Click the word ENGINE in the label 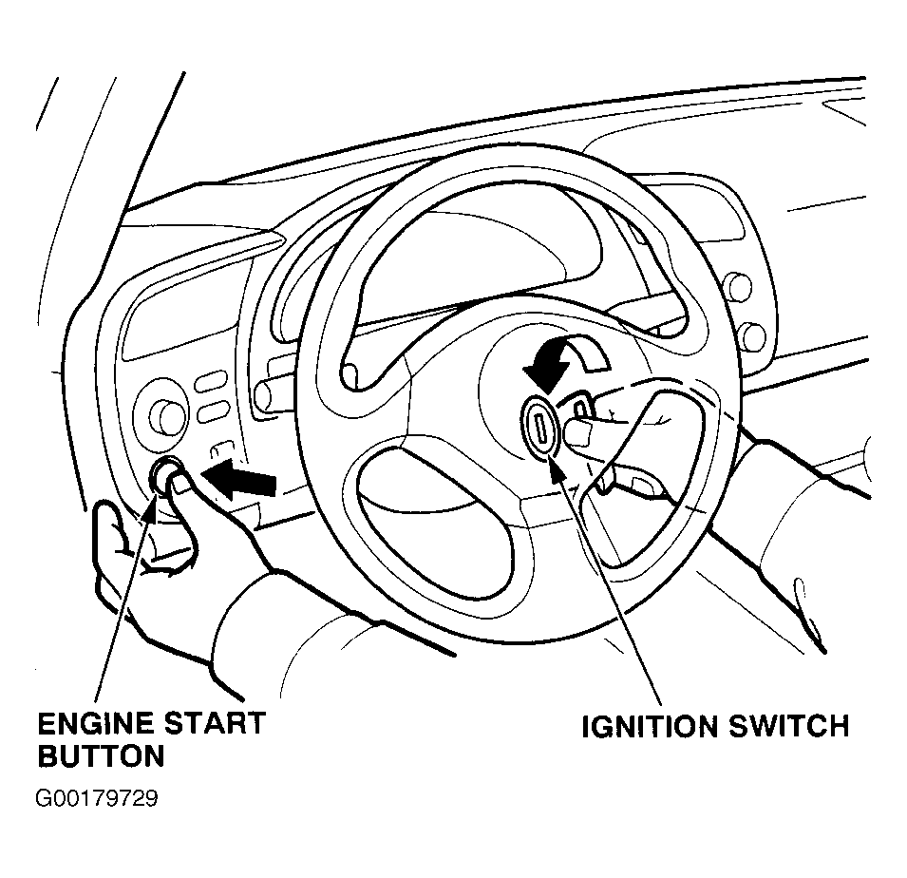pyautogui.click(x=96, y=723)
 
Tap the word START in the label pyautogui.click(x=216, y=723)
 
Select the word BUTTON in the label pyautogui.click(x=102, y=755)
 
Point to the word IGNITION pyautogui.click(x=650, y=727)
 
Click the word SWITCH pyautogui.click(x=789, y=727)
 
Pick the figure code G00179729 pyautogui.click(x=97, y=799)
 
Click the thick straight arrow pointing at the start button pyautogui.click(x=238, y=479)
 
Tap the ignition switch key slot pyautogui.click(x=540, y=428)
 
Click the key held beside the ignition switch pyautogui.click(x=580, y=407)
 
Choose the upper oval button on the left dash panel pyautogui.click(x=211, y=383)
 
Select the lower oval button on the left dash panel pyautogui.click(x=213, y=411)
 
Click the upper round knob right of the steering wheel pyautogui.click(x=739, y=288)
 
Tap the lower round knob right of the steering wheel pyautogui.click(x=753, y=336)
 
